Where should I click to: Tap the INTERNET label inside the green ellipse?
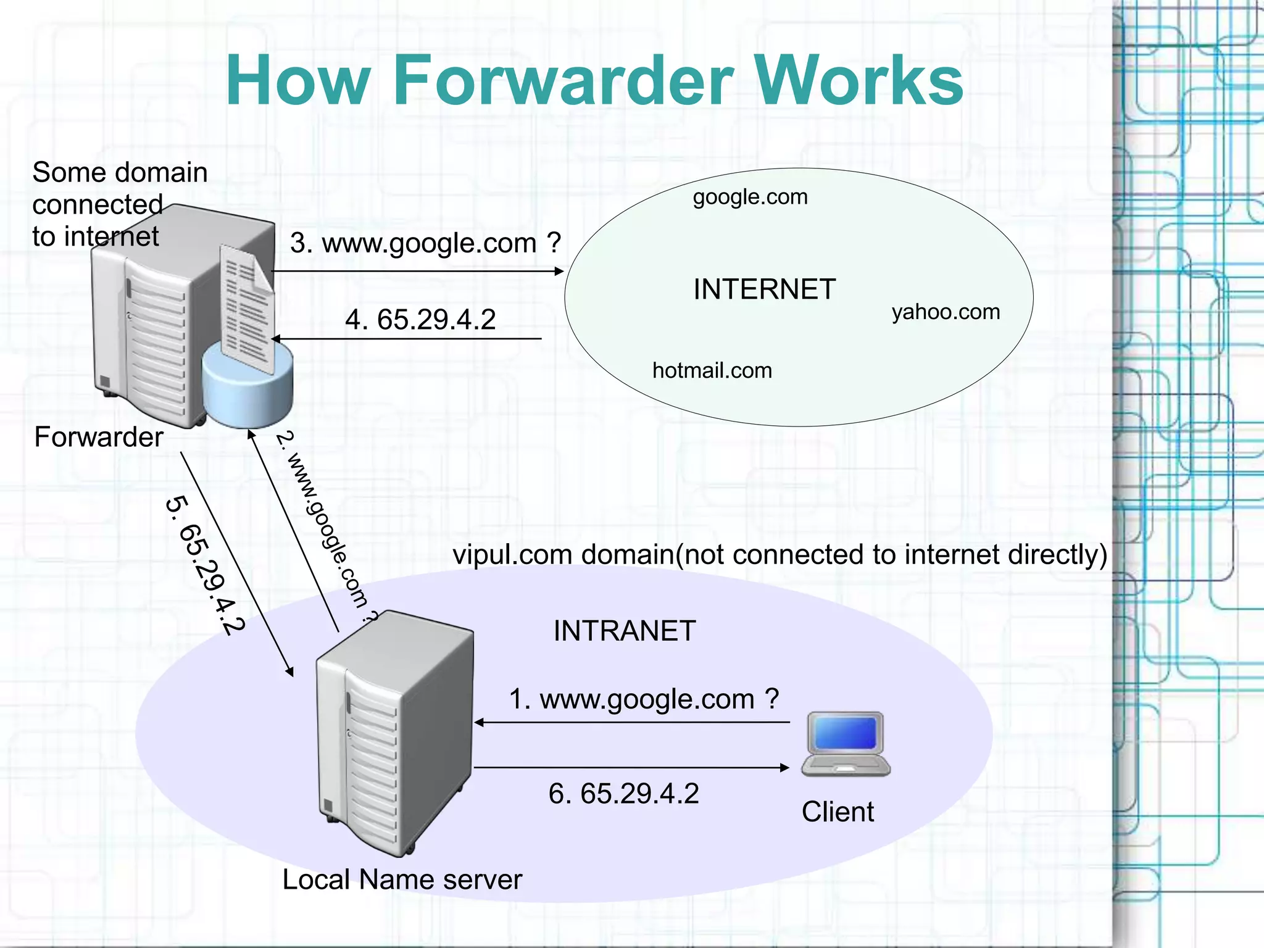coord(764,289)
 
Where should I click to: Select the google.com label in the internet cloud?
coord(750,197)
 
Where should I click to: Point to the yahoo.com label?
coord(945,312)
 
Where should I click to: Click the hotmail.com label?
coord(712,370)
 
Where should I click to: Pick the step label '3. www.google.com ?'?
coord(425,243)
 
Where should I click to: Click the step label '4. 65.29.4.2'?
coord(420,320)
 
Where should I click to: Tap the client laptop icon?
coord(846,744)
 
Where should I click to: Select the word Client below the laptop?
coord(838,812)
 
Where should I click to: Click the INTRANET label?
coord(624,631)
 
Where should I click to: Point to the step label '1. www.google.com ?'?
coord(643,699)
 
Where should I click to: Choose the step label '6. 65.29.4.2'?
coord(623,794)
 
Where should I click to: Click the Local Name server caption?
coord(402,879)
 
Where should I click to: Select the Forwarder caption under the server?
coord(99,437)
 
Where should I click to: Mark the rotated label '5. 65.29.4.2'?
coord(206,565)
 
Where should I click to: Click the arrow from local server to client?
coord(630,768)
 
